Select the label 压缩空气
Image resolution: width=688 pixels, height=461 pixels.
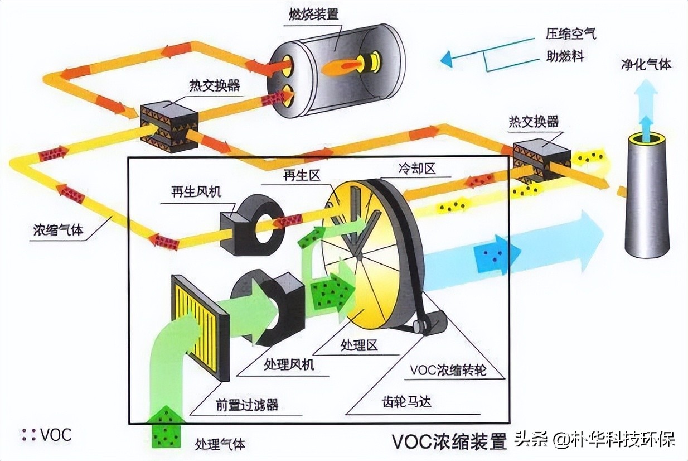570,33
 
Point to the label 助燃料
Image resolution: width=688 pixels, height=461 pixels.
564,56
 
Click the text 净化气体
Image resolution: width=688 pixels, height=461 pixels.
646,65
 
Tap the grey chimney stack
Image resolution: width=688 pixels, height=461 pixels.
647,201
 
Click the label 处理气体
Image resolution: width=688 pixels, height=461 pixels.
220,444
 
